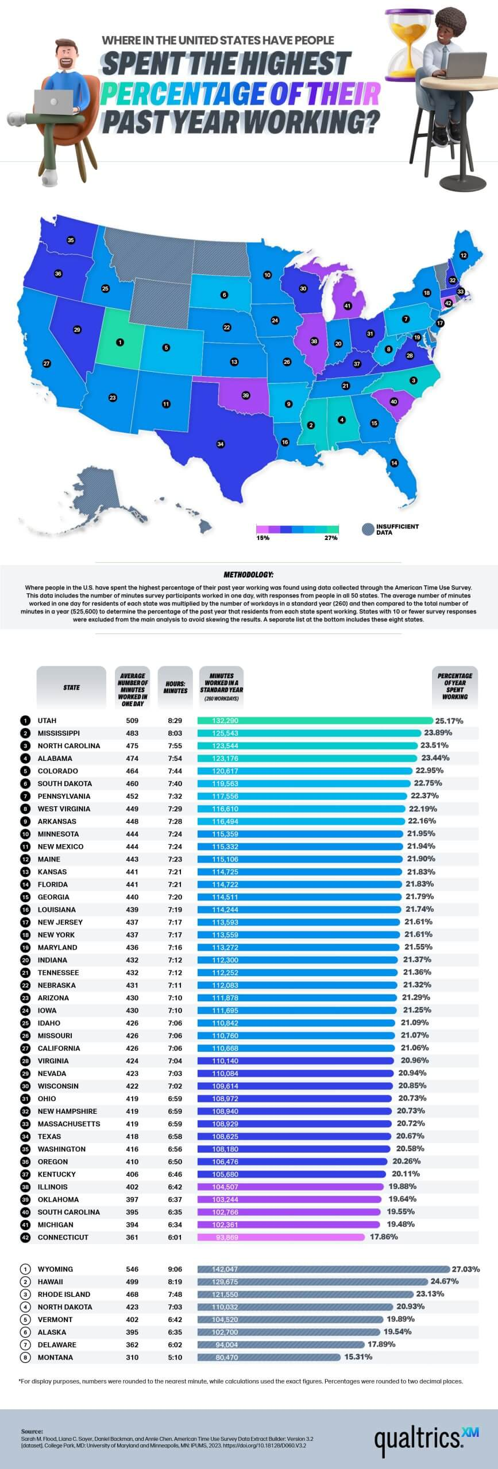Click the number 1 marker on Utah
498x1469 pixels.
point(119,342)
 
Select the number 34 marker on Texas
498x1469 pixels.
point(220,444)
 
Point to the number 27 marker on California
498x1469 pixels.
point(47,363)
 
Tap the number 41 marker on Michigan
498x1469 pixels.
point(348,306)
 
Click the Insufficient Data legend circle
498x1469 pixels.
point(368,529)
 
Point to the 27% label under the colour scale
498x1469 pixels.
point(331,538)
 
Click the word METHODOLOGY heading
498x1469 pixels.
point(248,574)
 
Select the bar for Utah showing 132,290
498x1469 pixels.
point(315,721)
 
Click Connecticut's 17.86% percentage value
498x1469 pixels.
point(384,1237)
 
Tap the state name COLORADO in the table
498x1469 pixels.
point(57,771)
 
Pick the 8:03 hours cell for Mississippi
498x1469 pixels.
point(175,733)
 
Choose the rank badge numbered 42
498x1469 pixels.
point(25,1237)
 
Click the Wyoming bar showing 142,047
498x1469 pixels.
point(323,1269)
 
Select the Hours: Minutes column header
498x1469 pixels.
point(175,687)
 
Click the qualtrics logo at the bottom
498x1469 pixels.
point(422,1438)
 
